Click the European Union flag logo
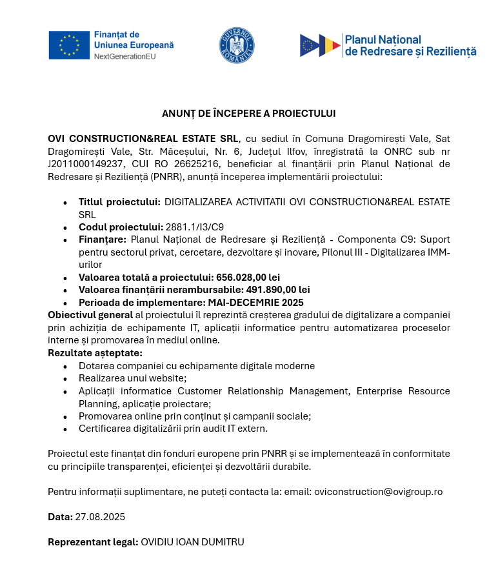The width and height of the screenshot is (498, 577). [x=68, y=45]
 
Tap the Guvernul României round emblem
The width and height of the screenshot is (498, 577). [x=236, y=45]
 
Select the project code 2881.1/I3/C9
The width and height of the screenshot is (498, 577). [x=195, y=227]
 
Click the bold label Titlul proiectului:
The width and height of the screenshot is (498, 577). [x=119, y=202]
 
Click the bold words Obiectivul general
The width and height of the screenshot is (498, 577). [x=90, y=315]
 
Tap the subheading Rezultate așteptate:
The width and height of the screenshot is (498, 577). [x=95, y=352]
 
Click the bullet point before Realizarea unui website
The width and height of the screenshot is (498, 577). [x=65, y=379]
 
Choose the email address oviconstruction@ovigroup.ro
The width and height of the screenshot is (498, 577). [x=378, y=491]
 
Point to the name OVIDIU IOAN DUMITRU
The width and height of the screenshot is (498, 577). [x=192, y=542]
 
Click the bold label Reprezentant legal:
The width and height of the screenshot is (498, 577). [x=93, y=542]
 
